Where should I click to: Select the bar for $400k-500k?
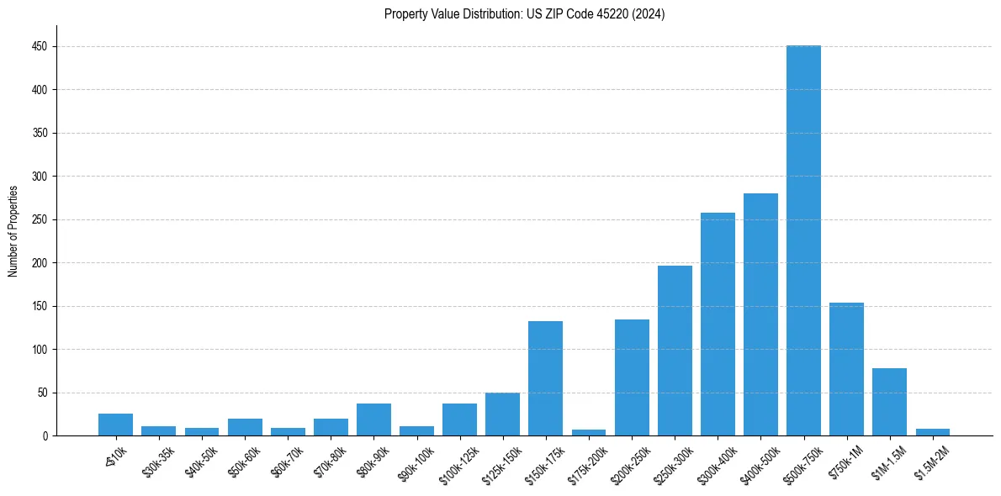pos(760,314)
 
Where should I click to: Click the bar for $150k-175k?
pos(545,378)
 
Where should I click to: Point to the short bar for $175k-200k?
pos(588,432)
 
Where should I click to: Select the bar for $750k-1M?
pos(846,369)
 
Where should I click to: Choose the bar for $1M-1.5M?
pos(889,402)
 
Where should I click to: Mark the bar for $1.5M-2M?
pos(932,432)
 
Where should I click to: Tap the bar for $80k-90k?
pos(373,419)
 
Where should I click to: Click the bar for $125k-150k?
pos(502,414)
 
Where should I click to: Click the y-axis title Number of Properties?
pos(13,231)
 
